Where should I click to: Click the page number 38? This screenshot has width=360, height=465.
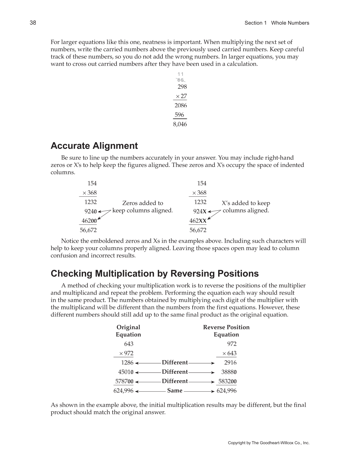coord(33,23)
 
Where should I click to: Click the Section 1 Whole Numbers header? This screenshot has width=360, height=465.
coord(276,23)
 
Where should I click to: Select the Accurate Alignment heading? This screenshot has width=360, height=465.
coord(94,146)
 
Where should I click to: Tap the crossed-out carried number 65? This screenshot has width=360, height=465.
coord(181,80)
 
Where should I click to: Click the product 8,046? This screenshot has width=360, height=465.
coord(180,124)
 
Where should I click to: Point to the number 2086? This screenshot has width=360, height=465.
coord(181,105)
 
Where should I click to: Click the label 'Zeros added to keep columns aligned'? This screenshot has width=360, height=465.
coord(142,207)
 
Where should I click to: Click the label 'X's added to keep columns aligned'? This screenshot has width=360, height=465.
coord(246,207)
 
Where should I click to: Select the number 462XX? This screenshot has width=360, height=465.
coord(198,221)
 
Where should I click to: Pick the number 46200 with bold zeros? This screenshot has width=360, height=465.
coord(89,221)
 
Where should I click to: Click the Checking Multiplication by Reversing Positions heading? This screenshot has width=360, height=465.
coord(154,274)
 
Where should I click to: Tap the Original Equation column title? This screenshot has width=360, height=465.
coord(128,331)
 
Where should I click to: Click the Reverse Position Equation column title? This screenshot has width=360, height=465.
coord(226,331)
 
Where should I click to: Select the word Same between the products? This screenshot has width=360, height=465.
coord(175,390)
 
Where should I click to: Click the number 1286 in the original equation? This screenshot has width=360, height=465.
coord(127,363)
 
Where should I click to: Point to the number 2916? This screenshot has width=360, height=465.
coord(230,363)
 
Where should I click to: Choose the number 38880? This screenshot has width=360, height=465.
coord(229,372)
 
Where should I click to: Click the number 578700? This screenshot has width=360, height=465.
coord(124,381)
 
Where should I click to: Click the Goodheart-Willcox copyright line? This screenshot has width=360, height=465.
coord(268,443)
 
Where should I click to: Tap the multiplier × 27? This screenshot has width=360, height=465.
coord(181,96)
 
